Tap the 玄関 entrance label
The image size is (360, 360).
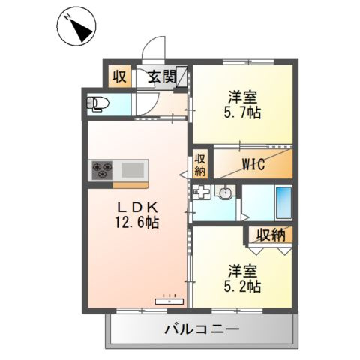pos(160,76)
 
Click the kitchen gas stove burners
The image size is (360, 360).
pos(101,170)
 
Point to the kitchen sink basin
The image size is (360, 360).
pos(132,170)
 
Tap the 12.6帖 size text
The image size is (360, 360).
pos(136,222)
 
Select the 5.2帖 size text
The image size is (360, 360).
pos(241,286)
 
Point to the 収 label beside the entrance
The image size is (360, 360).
pos(119,76)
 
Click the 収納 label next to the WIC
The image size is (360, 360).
pos(201,164)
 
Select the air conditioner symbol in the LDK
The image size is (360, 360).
pos(170,301)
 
